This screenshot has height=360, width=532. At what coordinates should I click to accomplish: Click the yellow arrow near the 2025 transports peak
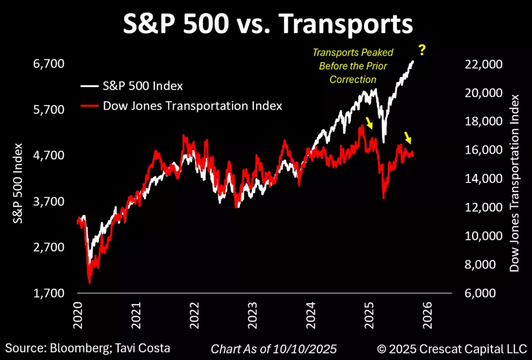[x=370, y=122]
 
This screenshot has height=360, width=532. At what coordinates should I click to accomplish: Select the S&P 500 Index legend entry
[x=132, y=86]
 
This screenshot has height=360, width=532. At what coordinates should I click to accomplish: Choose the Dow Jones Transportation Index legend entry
[x=181, y=106]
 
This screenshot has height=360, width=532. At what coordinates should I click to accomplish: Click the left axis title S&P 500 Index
[x=17, y=183]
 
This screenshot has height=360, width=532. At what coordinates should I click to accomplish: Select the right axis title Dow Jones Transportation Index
[x=515, y=182]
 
